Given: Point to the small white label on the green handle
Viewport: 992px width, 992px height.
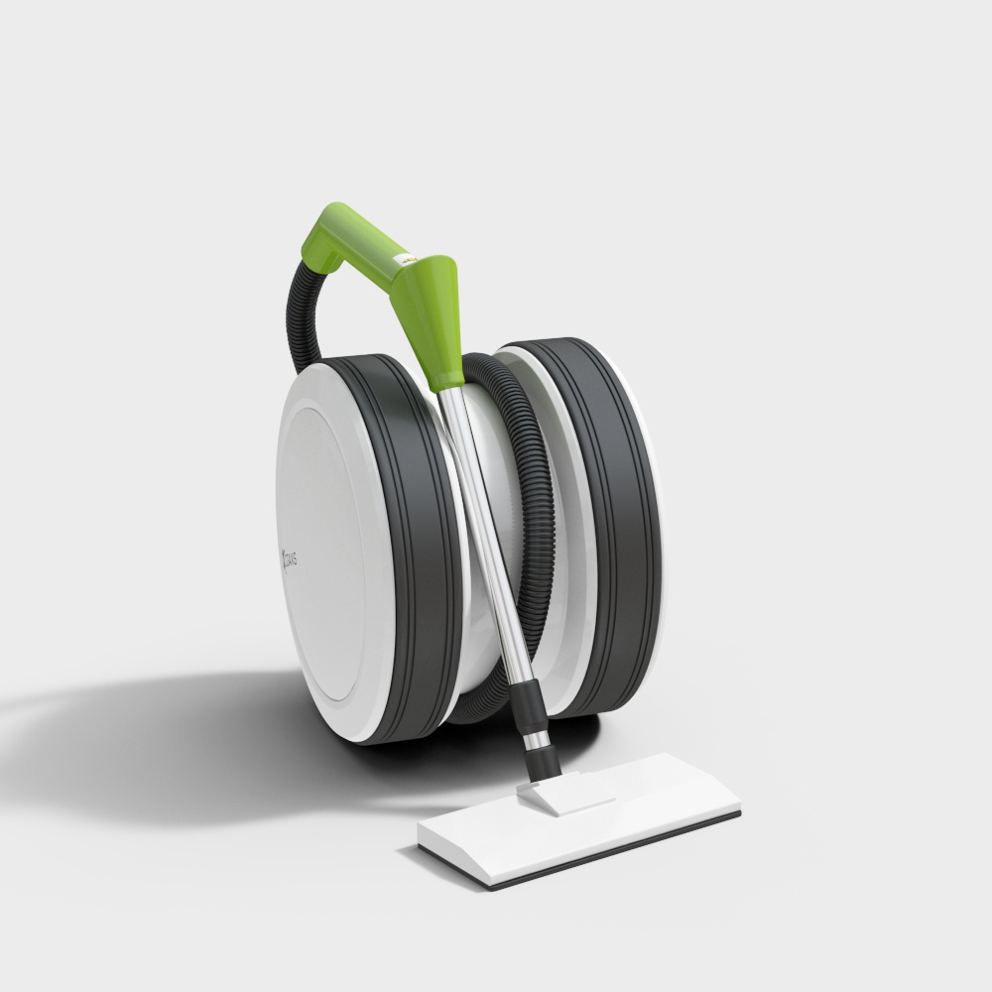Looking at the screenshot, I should tap(404, 259).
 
